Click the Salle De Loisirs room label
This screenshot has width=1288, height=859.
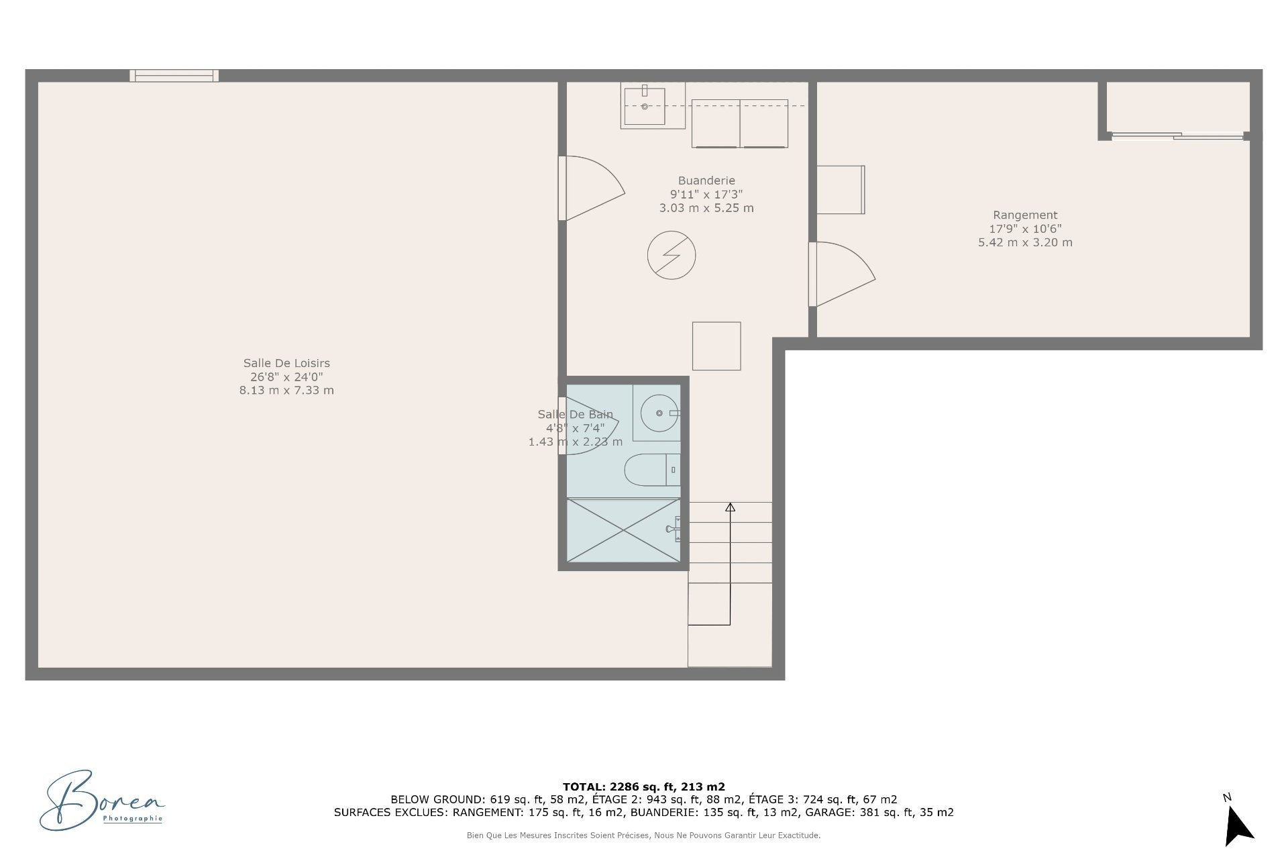(x=286, y=363)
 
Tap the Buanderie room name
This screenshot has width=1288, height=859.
(x=706, y=181)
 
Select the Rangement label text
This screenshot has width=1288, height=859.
(x=1025, y=215)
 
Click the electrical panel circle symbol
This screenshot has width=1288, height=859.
(x=672, y=255)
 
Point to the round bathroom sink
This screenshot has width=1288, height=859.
(x=659, y=413)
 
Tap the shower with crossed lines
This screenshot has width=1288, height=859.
(x=623, y=530)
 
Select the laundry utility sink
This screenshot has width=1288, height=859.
(x=645, y=106)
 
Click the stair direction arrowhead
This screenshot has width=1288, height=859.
(x=730, y=507)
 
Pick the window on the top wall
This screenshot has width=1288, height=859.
(x=174, y=75)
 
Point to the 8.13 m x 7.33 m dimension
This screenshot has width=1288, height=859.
(x=286, y=391)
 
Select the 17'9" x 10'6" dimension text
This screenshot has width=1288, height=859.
(x=1025, y=229)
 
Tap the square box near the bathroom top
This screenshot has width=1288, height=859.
(x=716, y=346)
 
